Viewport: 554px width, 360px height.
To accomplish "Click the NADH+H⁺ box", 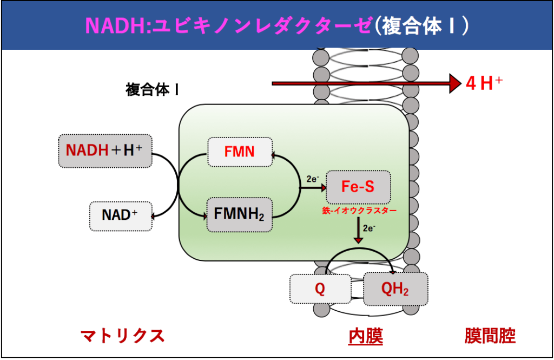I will (x=104, y=150).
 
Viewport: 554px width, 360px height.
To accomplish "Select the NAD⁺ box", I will (x=120, y=214).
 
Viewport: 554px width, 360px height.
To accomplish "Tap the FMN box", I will (x=240, y=152).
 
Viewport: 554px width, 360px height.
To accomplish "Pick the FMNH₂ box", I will (x=239, y=214).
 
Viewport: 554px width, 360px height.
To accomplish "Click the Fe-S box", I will (x=358, y=187).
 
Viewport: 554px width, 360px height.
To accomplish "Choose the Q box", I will (x=320, y=289).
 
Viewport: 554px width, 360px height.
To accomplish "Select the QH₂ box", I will (x=395, y=289).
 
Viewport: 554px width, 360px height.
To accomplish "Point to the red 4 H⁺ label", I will (x=484, y=83).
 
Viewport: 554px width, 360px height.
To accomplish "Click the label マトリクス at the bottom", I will (x=122, y=336).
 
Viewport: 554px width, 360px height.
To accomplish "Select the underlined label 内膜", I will (x=365, y=336).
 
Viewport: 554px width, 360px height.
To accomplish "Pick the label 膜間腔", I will (x=490, y=336).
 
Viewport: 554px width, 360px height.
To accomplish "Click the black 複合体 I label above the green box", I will (x=152, y=89).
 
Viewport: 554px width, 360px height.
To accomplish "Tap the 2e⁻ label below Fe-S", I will (x=369, y=228).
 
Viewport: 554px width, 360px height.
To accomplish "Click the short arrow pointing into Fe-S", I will (x=312, y=188).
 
